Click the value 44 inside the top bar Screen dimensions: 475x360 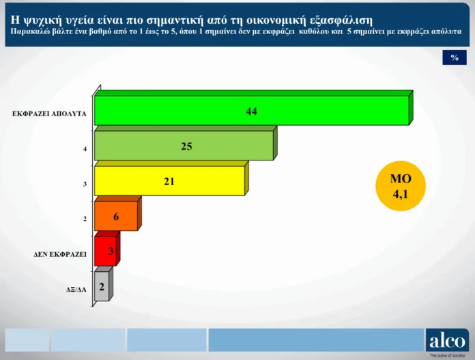pyautogui.click(x=251, y=111)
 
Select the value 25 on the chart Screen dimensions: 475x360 pyautogui.click(x=186, y=146)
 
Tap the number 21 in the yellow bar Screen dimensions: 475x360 pyautogui.click(x=169, y=181)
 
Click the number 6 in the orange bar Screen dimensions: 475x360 pyautogui.click(x=116, y=217)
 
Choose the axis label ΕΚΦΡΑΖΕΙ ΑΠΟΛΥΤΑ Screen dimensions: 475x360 pyautogui.click(x=49, y=113)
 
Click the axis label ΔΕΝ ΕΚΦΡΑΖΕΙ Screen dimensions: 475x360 pyautogui.click(x=60, y=254)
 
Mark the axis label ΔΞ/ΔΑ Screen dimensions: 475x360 pyautogui.click(x=76, y=290)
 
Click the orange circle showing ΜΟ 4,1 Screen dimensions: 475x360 pyautogui.click(x=401, y=186)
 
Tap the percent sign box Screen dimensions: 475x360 pyautogui.click(x=455, y=57)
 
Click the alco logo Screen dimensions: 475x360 pyautogui.click(x=447, y=340)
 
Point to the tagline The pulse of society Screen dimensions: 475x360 pyautogui.click(x=447, y=355)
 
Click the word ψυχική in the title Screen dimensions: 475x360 pyautogui.click(x=41, y=20)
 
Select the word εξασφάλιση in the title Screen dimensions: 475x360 pyautogui.click(x=341, y=20)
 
